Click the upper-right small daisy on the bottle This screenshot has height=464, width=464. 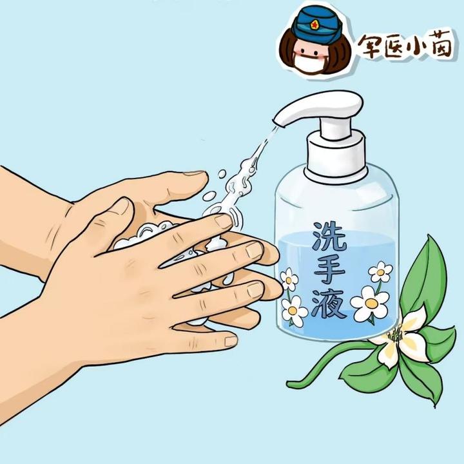(380, 271)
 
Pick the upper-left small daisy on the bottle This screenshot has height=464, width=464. (288, 279)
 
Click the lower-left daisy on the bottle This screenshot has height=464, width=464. (293, 311)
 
